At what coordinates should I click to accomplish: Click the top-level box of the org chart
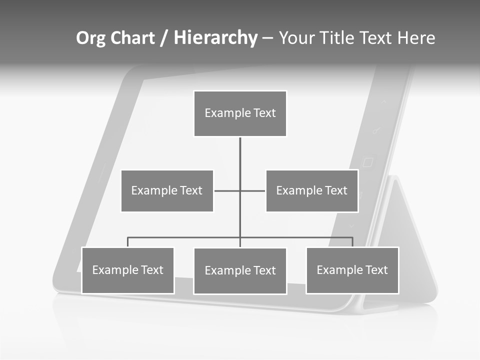coord(240,113)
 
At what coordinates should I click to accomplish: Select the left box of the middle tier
coord(167,191)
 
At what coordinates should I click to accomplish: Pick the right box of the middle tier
coord(311,191)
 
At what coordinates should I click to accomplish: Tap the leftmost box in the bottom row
coord(127,270)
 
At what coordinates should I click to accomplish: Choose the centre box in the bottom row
coord(240,271)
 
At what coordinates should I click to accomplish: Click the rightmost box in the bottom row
coord(352,270)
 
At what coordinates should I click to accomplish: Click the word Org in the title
coord(90,38)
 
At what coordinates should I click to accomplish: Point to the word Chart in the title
coord(132,38)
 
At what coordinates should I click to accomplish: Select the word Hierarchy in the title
coord(215,38)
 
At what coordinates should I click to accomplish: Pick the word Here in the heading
coord(415,38)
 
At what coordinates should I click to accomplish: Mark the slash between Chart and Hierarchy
coord(164,38)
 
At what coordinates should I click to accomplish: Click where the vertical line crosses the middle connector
coord(240,190)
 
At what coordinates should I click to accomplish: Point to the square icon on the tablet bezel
coord(368,162)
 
